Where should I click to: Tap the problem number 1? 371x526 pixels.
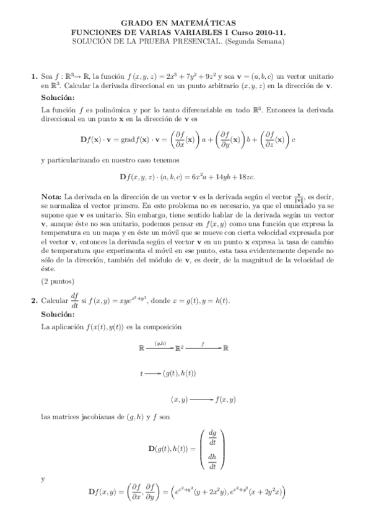[x=33, y=76]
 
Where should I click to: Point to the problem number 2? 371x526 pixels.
[x=33, y=301]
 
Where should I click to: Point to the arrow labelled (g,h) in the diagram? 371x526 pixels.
[x=160, y=349]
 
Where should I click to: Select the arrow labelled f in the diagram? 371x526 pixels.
[x=203, y=349]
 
